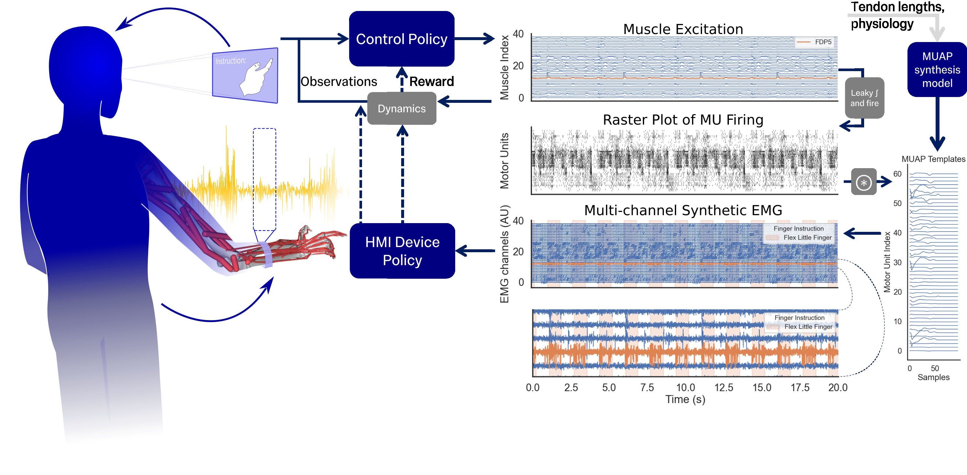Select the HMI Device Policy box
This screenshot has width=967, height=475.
tap(402, 251)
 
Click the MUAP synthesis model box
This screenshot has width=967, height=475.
tap(937, 70)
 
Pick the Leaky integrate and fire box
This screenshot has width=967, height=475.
tap(864, 98)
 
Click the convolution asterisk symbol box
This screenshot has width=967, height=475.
tap(863, 182)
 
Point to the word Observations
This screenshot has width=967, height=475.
tap(339, 81)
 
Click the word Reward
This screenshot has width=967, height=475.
tap(431, 81)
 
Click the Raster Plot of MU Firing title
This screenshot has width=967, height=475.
tap(683, 120)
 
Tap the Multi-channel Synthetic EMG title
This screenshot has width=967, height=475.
tap(683, 210)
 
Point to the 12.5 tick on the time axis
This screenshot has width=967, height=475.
tap(723, 387)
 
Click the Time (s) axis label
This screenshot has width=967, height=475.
tap(685, 399)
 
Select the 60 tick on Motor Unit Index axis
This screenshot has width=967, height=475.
tap(897, 174)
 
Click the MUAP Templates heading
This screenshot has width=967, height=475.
tap(933, 159)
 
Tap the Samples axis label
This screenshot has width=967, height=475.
tap(933, 377)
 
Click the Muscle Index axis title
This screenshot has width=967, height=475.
tap(504, 68)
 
